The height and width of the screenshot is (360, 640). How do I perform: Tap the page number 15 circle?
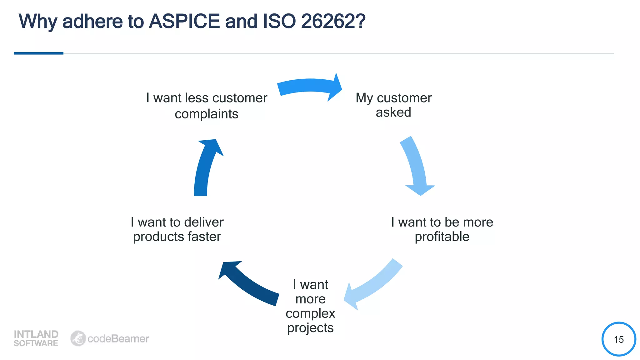point(618,339)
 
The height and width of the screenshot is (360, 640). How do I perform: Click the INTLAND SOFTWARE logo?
point(36,338)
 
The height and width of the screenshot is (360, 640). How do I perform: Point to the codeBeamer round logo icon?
point(78,338)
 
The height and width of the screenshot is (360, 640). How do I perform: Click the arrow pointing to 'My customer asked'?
point(309,86)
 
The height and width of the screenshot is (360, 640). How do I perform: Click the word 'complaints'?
point(207,114)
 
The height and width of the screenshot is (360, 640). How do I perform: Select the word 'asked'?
point(393,112)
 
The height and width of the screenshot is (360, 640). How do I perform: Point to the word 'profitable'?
point(442,237)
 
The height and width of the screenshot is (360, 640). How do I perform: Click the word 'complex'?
point(310,313)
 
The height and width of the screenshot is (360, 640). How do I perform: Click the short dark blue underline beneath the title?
point(38,53)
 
